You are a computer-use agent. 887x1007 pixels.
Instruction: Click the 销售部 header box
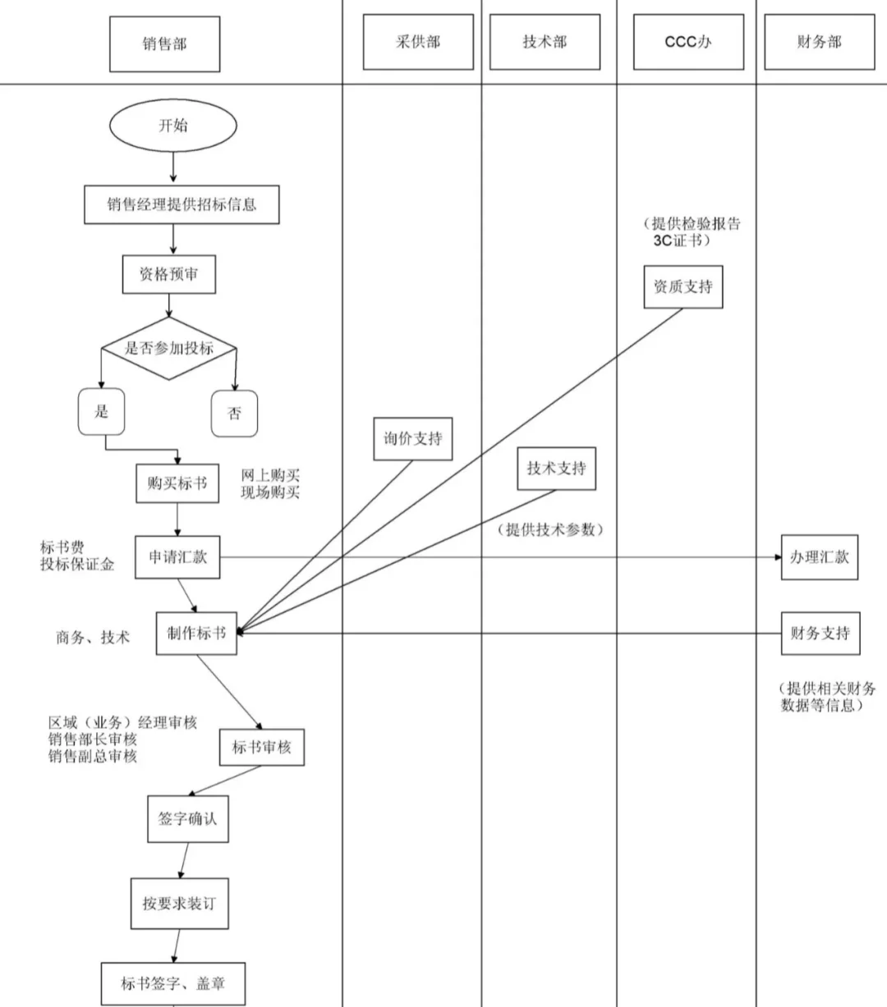164,43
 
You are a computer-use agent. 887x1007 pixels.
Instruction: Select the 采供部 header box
418,42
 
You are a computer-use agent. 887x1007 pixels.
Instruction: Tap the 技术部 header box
545,42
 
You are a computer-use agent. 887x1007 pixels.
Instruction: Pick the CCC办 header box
687,42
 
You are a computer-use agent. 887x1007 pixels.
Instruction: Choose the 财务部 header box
819,42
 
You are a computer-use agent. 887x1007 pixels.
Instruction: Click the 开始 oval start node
172,126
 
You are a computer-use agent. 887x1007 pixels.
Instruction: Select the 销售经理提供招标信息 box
182,204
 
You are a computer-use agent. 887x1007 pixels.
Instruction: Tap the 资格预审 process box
169,275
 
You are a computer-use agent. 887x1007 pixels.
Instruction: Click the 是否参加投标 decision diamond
168,349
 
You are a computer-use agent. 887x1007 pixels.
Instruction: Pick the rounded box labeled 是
101,411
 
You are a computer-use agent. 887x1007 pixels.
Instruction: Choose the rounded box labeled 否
234,413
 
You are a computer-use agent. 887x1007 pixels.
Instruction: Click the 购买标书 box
177,483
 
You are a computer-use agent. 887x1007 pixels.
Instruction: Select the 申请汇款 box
177,557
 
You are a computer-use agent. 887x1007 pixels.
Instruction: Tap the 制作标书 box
196,633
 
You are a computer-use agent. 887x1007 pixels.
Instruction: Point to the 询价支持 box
412,438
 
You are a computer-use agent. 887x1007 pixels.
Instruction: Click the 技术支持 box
556,469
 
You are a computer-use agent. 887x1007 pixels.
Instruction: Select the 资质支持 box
682,286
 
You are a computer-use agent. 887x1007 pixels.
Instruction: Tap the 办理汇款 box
819,557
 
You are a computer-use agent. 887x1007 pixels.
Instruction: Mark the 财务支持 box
820,633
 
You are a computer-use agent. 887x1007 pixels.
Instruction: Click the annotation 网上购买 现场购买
270,484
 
